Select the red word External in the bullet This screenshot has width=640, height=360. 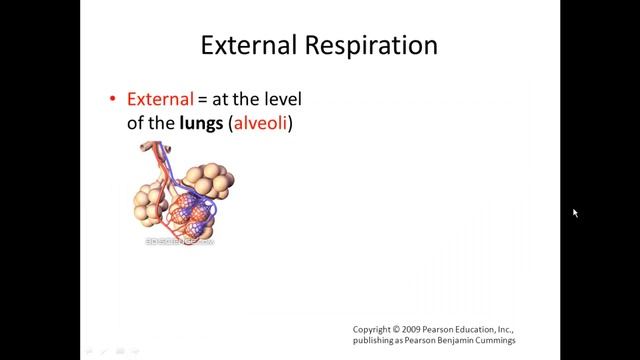[159, 99]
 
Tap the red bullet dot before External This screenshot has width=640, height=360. [113, 100]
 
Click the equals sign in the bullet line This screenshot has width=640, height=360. [202, 100]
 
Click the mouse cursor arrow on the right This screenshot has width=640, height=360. [575, 213]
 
